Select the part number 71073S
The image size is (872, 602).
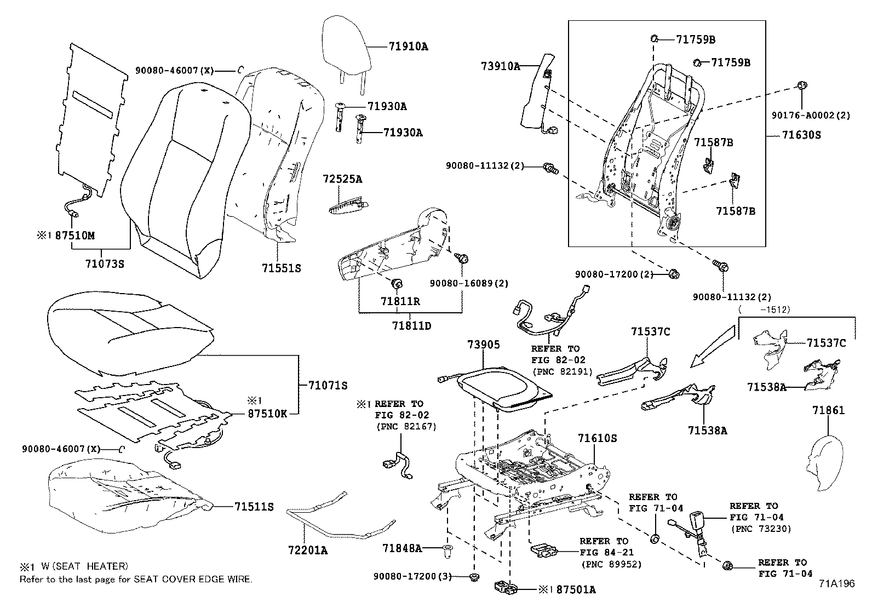click(105, 263)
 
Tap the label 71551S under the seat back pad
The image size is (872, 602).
click(281, 268)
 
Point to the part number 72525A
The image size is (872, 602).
click(342, 179)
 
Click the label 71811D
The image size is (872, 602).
click(411, 326)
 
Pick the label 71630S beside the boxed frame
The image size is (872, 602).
click(801, 135)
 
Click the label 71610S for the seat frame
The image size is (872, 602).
click(598, 438)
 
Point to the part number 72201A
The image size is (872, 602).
click(308, 551)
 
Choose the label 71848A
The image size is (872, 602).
click(403, 548)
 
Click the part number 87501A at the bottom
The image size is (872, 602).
click(576, 589)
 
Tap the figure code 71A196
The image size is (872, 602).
click(836, 584)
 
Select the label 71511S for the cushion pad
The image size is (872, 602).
click(254, 507)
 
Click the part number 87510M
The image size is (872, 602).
click(75, 236)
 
